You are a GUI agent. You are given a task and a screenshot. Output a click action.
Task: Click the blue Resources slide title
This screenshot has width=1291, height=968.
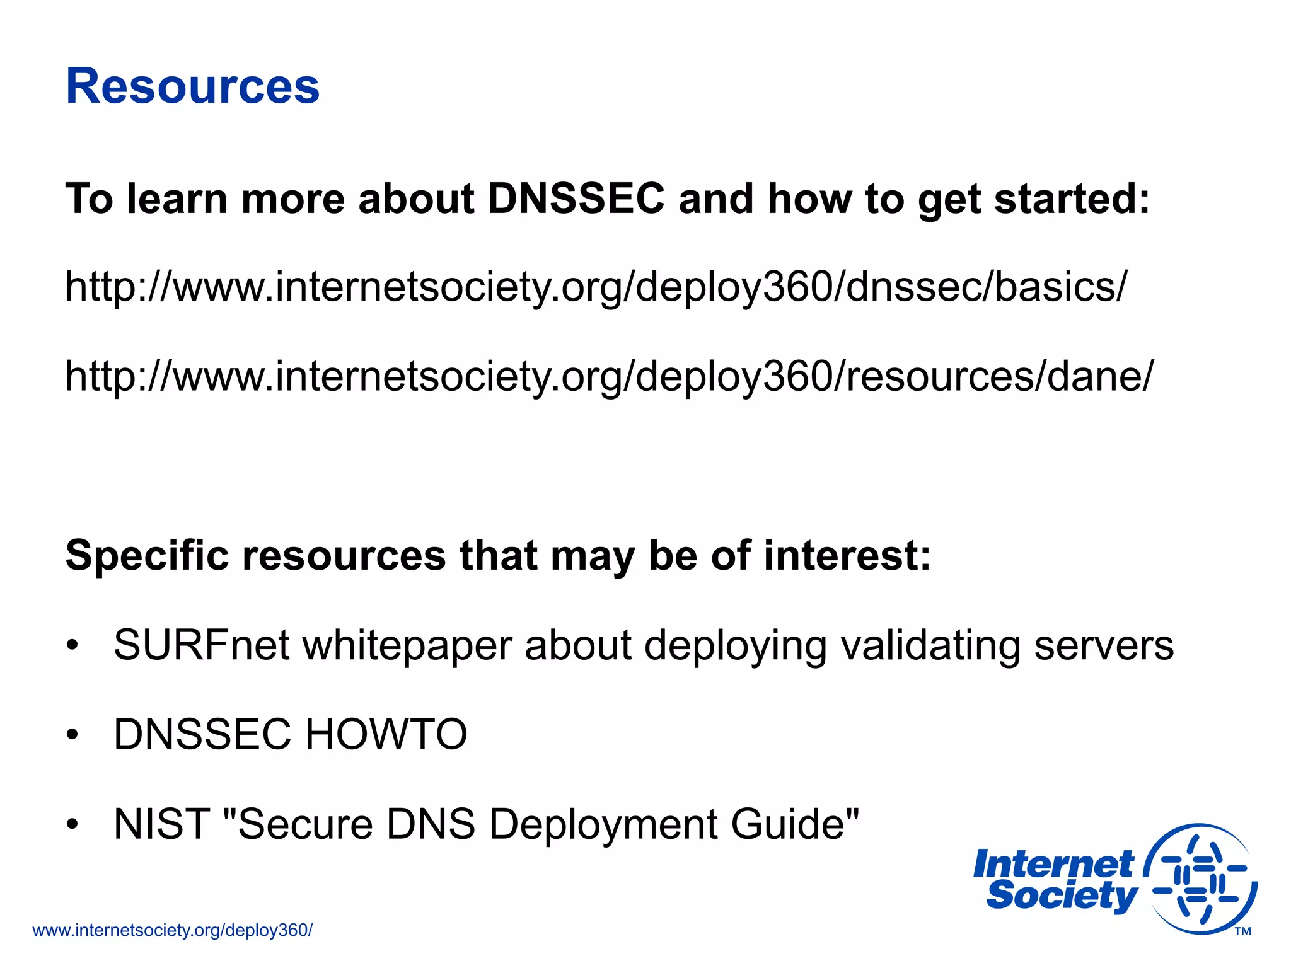[192, 86]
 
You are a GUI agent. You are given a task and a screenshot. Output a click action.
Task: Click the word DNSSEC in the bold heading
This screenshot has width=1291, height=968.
[576, 199]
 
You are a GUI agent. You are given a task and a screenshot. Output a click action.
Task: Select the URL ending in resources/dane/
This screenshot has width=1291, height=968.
[609, 377]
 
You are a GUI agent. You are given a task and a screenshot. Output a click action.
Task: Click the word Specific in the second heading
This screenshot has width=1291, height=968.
[147, 556]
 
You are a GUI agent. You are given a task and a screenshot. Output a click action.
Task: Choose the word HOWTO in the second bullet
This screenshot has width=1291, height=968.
[386, 735]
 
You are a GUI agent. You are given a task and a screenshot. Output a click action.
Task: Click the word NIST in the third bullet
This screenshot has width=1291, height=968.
[161, 824]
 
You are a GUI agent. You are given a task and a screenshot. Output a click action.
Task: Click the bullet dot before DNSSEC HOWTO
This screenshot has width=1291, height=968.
[73, 735]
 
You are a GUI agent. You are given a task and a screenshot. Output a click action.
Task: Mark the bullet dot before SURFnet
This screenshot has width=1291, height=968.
[73, 645]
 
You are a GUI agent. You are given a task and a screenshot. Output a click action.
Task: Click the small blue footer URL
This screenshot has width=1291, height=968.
[172, 930]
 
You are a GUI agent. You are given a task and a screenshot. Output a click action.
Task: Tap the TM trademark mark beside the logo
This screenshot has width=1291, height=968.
[1242, 931]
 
